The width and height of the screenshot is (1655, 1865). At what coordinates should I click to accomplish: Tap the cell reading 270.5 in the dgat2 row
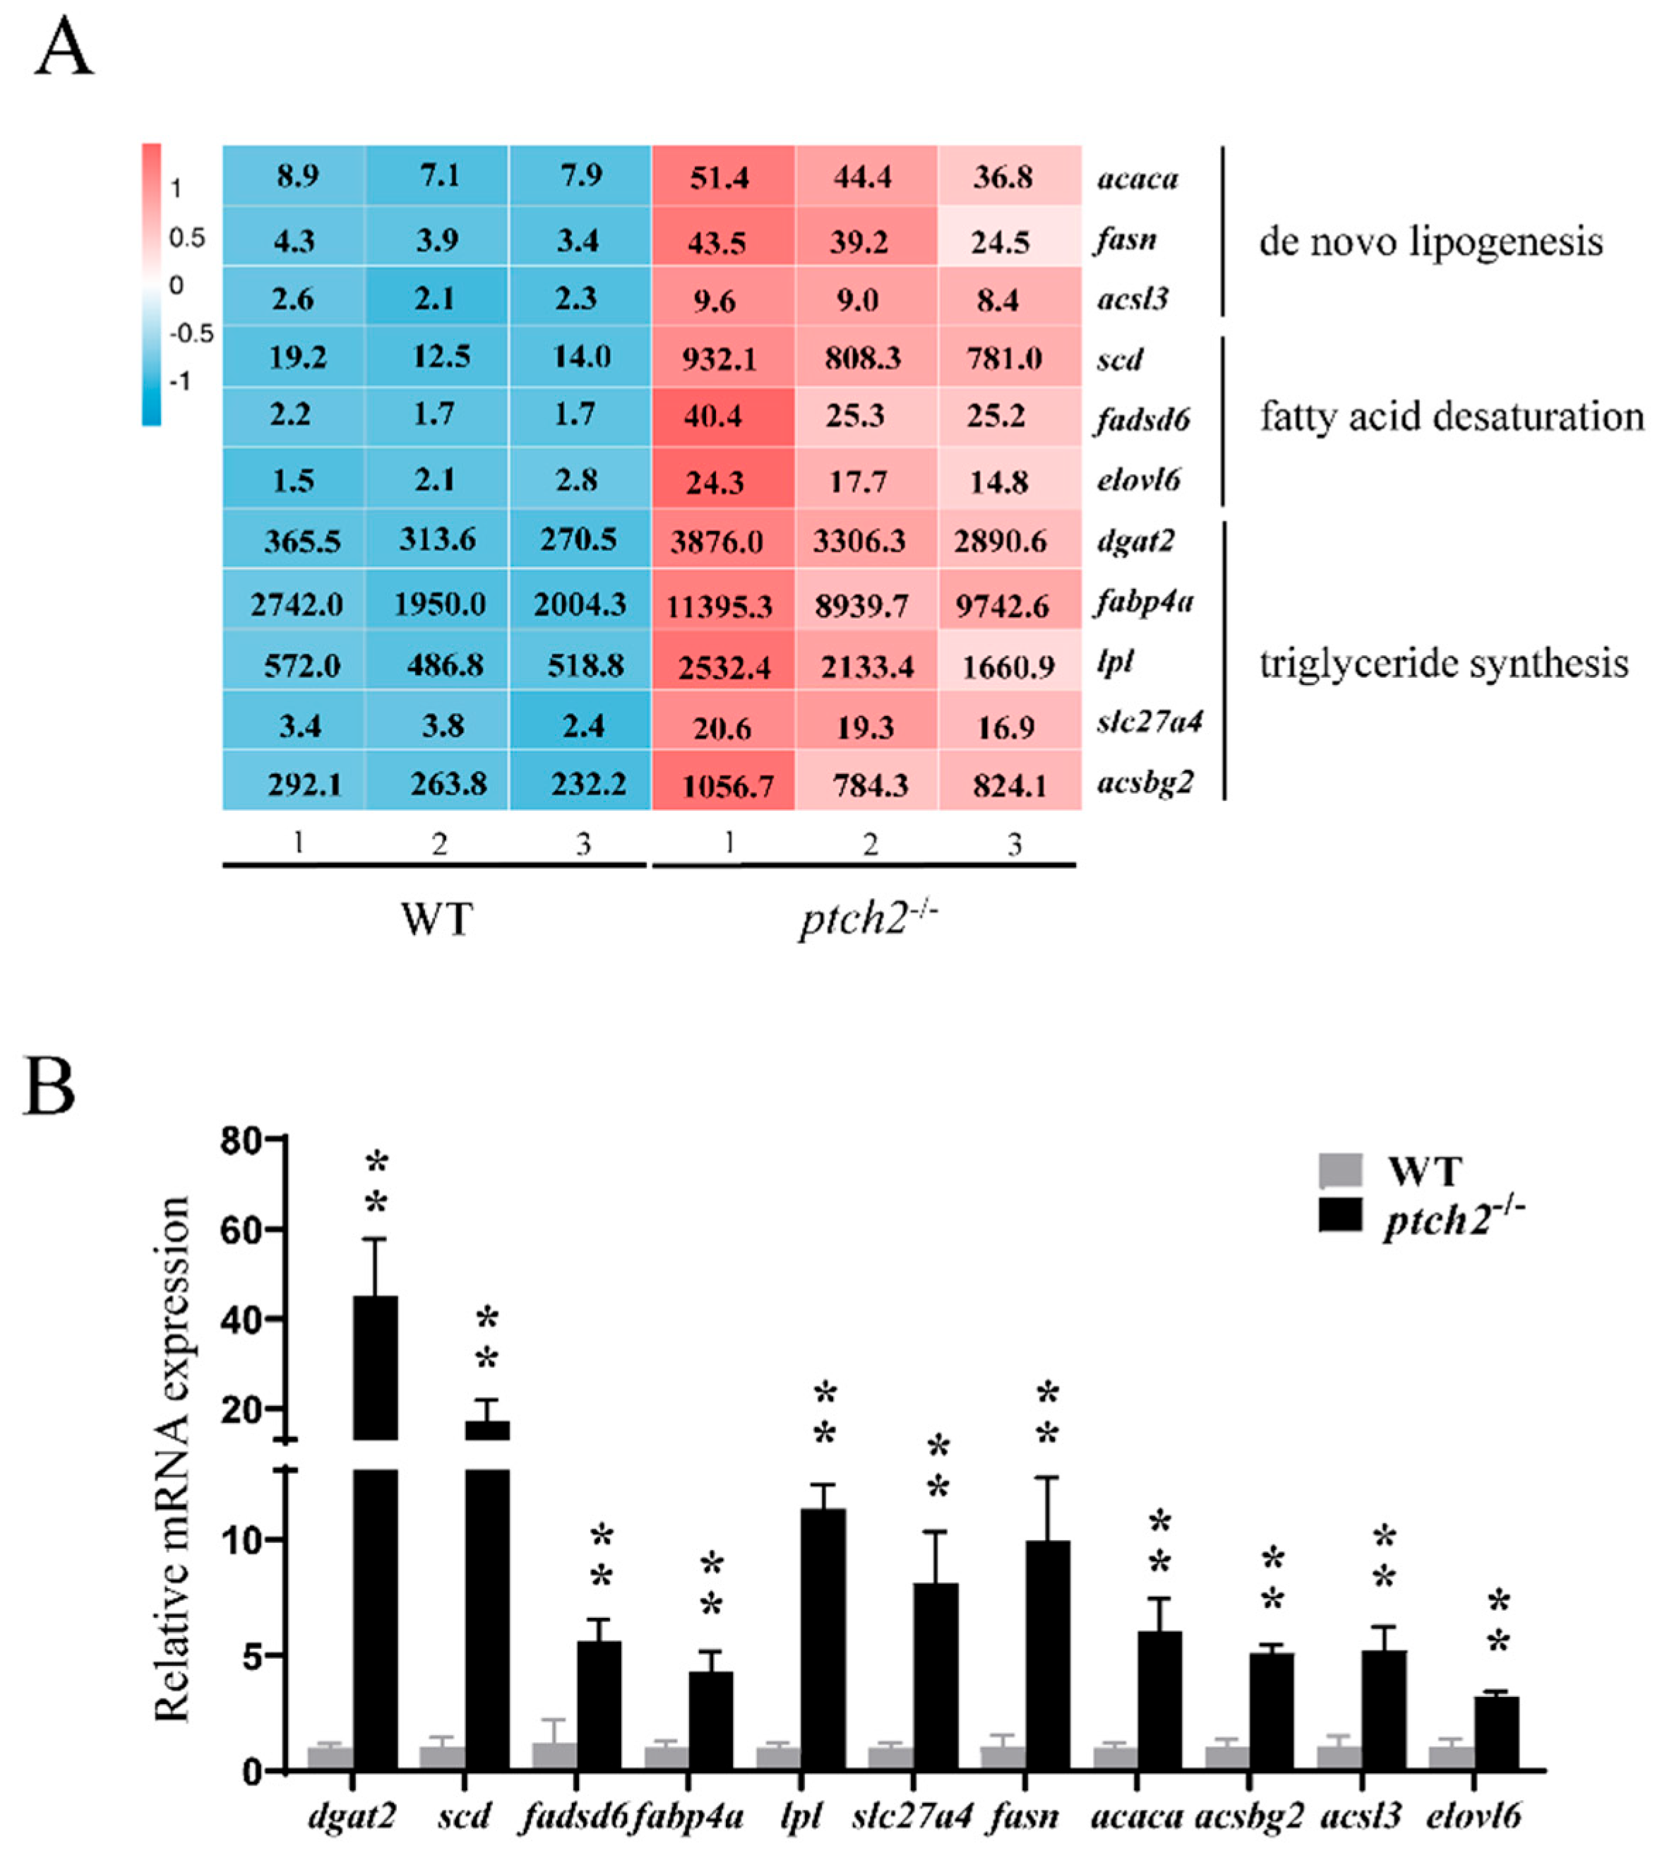click(580, 540)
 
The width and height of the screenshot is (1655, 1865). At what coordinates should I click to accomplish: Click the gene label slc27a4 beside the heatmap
click(1149, 722)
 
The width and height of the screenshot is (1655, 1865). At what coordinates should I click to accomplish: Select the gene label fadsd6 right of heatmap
click(1143, 419)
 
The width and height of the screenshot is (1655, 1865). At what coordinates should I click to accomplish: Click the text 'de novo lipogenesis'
click(1430, 241)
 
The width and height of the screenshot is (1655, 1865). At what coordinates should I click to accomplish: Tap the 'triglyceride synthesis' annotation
click(1443, 663)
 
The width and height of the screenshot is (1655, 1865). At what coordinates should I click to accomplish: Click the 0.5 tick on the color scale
click(186, 238)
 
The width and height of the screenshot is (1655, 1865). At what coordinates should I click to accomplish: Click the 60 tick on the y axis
click(240, 1229)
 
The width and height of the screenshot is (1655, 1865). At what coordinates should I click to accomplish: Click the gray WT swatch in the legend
click(1340, 1169)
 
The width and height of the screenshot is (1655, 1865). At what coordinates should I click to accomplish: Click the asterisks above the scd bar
click(487, 1338)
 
